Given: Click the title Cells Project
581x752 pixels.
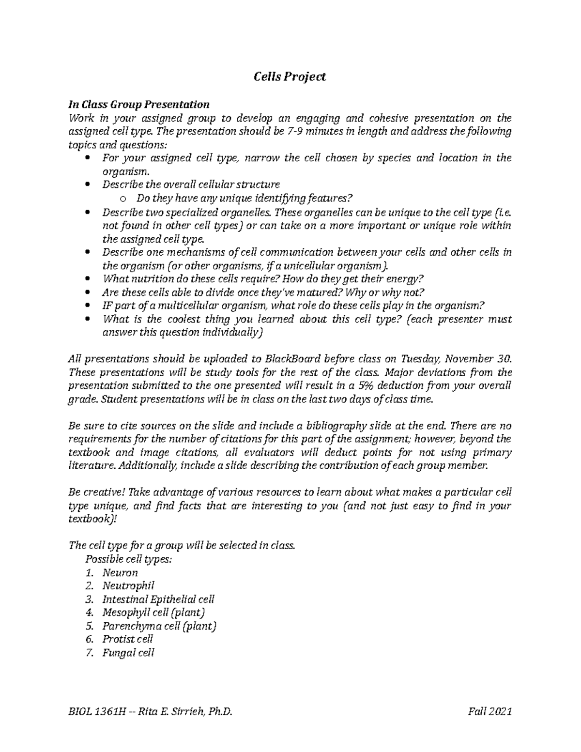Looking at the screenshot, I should [x=290, y=77].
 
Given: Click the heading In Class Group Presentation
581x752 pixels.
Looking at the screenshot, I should [x=139, y=105].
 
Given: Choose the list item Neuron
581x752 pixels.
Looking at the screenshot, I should [x=120, y=572].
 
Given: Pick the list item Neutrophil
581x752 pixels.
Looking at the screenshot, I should [x=128, y=586].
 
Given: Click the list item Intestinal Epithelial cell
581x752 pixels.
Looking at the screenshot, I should [x=158, y=599].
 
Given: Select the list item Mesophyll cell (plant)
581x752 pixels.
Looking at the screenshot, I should [x=153, y=613].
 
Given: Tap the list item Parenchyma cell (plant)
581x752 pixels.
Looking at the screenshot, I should [x=159, y=626].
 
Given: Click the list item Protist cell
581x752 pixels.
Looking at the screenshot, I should [x=127, y=639].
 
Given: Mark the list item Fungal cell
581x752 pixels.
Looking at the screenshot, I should [x=128, y=653].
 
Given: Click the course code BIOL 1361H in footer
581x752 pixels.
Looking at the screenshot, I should [x=97, y=712].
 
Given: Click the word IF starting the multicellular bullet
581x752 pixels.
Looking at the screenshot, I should [x=107, y=306].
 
